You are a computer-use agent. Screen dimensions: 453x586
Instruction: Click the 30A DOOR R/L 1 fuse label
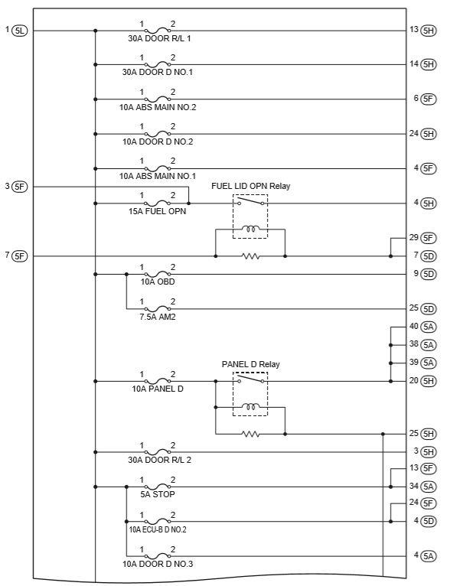[x=159, y=38]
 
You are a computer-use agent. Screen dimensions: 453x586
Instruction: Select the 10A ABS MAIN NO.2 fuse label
[x=158, y=107]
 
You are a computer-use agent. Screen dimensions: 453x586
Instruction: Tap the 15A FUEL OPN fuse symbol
[x=158, y=203]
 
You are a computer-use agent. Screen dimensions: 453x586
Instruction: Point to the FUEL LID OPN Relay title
[x=250, y=186]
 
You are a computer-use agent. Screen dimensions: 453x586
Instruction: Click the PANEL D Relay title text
[x=250, y=364]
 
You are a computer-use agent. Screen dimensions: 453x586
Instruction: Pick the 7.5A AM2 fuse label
[x=158, y=317]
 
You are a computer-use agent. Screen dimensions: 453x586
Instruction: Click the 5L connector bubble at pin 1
[x=20, y=31]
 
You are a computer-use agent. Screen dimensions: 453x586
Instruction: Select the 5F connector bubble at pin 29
[x=429, y=238]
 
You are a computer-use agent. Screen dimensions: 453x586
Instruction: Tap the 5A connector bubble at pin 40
[x=429, y=327]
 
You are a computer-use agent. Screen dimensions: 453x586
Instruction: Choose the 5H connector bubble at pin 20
[x=429, y=381]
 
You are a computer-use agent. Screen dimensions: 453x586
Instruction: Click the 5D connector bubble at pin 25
[x=429, y=309]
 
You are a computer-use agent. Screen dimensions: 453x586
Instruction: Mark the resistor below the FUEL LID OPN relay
[x=250, y=256]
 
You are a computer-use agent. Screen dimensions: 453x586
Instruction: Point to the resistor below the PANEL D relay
[x=250, y=434]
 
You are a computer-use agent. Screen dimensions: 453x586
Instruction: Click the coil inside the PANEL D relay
[x=250, y=406]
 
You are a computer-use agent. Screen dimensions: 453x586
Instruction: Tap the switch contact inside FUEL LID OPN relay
[x=250, y=201]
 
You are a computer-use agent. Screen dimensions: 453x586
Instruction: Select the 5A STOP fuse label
[x=158, y=494]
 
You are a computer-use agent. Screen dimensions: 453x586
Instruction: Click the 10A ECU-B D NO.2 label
[x=158, y=529]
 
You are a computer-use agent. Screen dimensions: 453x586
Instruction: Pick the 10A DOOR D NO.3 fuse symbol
[x=158, y=555]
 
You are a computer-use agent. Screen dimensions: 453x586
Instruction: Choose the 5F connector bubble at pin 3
[x=20, y=186]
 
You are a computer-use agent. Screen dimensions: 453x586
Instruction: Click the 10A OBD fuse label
[x=158, y=282]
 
